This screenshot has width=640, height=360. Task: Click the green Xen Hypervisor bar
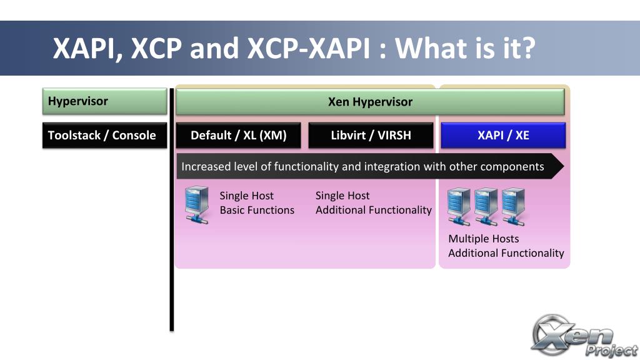(370, 102)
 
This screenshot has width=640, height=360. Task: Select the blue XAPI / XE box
(503, 135)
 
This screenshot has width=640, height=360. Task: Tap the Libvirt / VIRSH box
(371, 135)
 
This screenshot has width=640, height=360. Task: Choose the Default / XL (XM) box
(238, 135)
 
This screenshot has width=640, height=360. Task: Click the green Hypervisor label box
(104, 101)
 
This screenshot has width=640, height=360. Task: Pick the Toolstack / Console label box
(104, 135)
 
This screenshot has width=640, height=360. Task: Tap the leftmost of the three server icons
(459, 206)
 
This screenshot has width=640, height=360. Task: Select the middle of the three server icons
(486, 206)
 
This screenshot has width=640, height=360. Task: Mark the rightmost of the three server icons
(513, 206)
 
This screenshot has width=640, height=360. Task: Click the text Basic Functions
(257, 210)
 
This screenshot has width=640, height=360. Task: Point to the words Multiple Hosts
(483, 239)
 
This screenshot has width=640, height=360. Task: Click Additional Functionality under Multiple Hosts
(506, 253)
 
